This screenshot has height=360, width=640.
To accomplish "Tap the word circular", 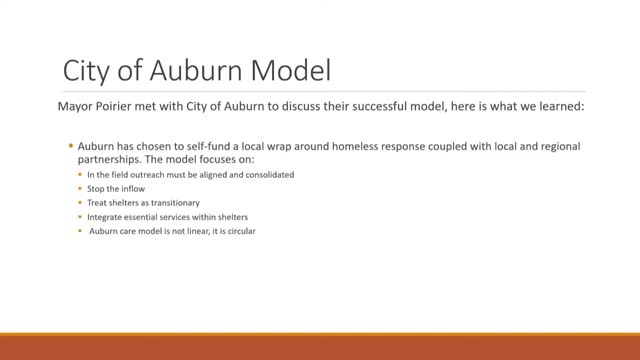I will pos(247,231).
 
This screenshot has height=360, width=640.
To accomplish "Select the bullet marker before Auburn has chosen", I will pos(71,146).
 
